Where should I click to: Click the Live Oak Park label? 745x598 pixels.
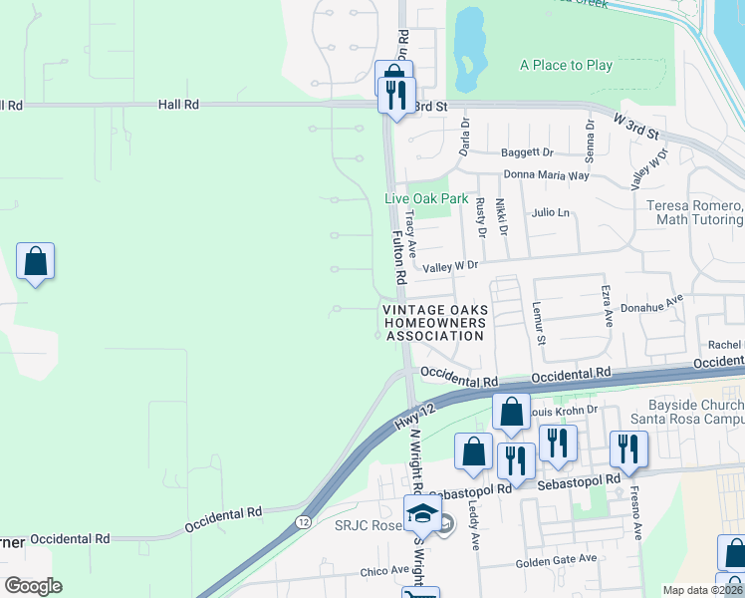click(x=426, y=198)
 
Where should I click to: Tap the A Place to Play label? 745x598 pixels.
click(x=566, y=66)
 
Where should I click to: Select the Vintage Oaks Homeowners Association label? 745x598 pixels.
click(x=434, y=323)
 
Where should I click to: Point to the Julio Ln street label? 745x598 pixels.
click(x=550, y=212)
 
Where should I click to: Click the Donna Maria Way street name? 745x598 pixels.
click(x=546, y=175)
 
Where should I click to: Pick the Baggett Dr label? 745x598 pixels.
click(x=528, y=152)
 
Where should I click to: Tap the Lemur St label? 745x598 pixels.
click(x=539, y=324)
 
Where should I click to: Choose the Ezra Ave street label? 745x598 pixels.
click(x=606, y=305)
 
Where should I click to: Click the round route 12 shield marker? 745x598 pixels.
click(x=303, y=522)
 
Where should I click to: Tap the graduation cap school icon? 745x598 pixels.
click(x=422, y=513)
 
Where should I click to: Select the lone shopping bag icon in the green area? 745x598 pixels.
click(x=35, y=262)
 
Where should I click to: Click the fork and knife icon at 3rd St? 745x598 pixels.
click(x=398, y=96)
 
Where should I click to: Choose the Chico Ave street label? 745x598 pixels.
click(x=384, y=571)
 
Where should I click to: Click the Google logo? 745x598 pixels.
click(x=33, y=586)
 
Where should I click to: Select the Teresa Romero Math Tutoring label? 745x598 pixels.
click(x=695, y=212)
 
